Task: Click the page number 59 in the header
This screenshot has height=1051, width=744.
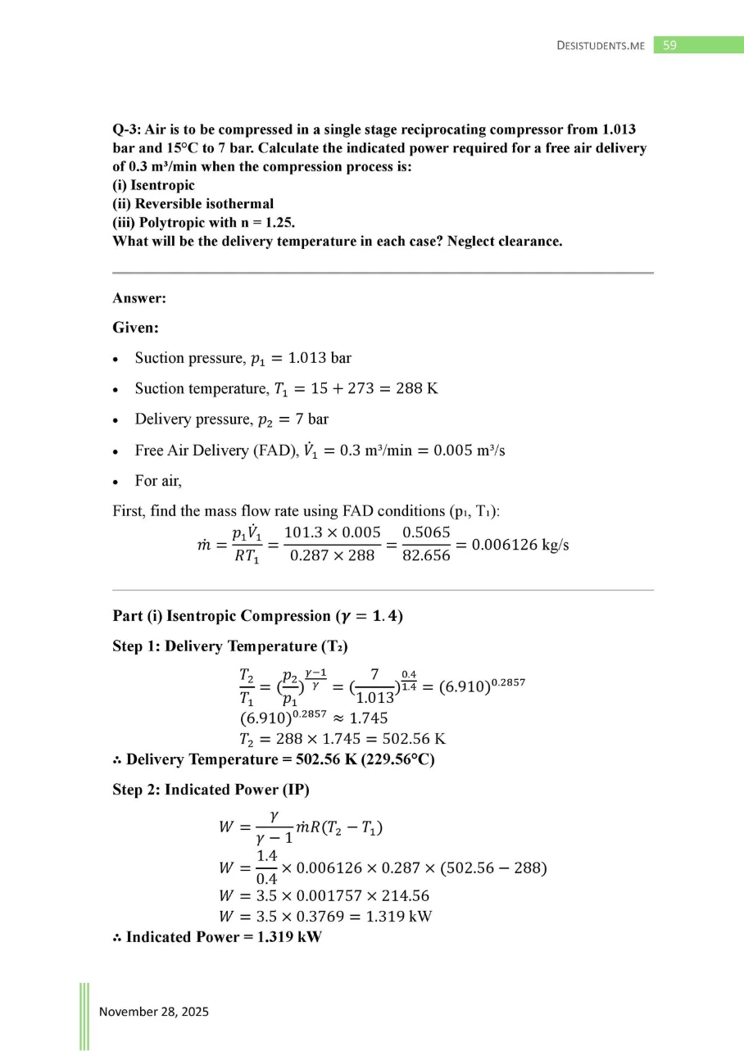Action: coord(669,45)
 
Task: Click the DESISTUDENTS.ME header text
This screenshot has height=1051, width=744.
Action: coord(601,46)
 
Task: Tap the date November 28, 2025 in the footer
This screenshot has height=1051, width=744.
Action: coord(154,1012)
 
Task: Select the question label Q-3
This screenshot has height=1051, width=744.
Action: coord(127,130)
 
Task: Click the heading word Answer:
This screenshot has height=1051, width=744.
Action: coord(139,299)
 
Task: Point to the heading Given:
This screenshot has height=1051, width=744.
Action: coord(136,328)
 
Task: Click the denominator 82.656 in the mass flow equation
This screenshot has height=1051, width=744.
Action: coord(427,555)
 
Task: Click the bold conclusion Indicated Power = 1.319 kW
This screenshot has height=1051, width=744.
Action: coord(224,937)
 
